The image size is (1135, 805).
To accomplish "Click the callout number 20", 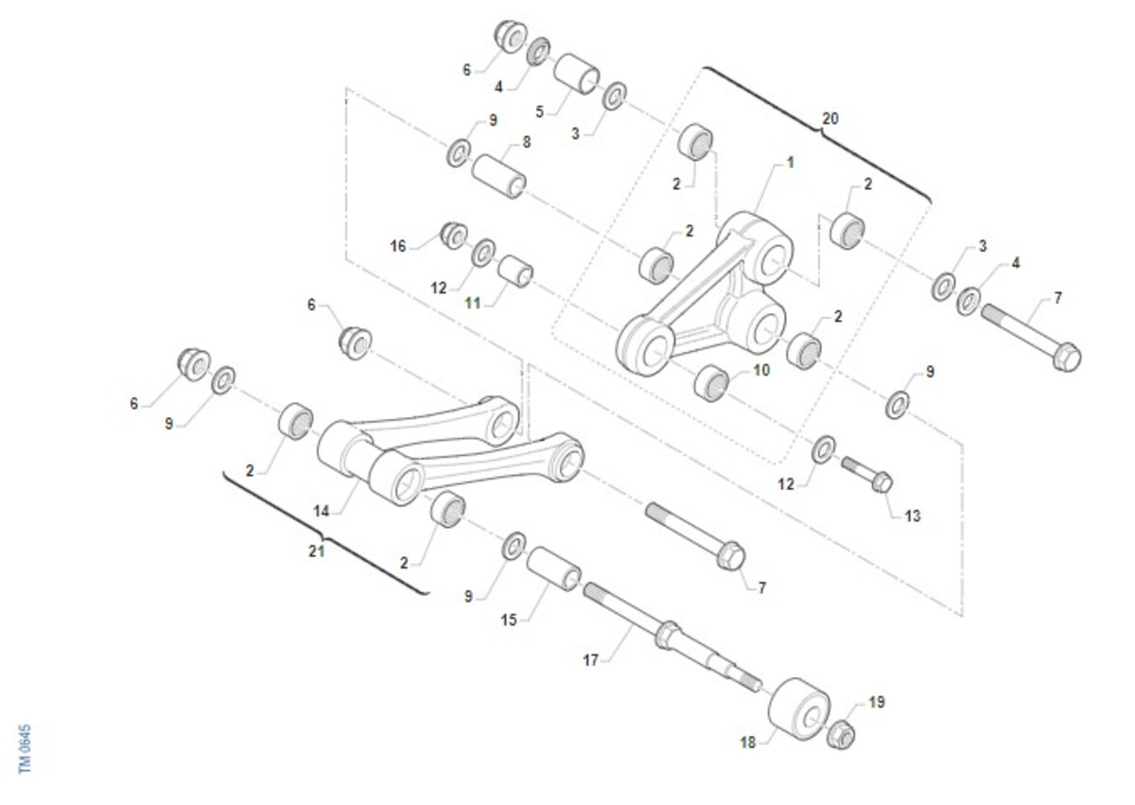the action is click(830, 118).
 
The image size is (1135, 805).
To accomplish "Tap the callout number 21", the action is click(317, 551).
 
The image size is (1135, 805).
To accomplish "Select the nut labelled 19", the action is click(841, 734).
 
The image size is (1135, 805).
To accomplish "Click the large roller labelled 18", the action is click(799, 709).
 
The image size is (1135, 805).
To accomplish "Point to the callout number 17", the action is click(591, 660).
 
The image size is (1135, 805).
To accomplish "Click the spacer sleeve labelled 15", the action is click(554, 569).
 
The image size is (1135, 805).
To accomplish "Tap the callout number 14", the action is click(322, 511).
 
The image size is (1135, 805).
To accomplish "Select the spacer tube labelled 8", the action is click(498, 176).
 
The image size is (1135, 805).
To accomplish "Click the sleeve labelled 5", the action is click(577, 74).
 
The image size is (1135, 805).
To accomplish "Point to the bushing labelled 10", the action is click(711, 382).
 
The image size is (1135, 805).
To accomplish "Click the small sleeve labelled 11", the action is click(515, 271).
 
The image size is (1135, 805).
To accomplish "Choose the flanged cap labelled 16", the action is click(454, 235).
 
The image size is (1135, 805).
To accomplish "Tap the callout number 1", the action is click(790, 163).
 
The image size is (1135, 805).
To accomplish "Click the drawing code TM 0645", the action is click(25, 749).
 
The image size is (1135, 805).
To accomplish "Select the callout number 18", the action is click(748, 743).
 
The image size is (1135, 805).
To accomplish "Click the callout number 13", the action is click(913, 516).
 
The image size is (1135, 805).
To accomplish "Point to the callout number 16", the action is click(398, 246).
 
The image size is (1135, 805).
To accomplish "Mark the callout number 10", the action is click(761, 370).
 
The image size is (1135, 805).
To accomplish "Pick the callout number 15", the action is click(509, 621).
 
